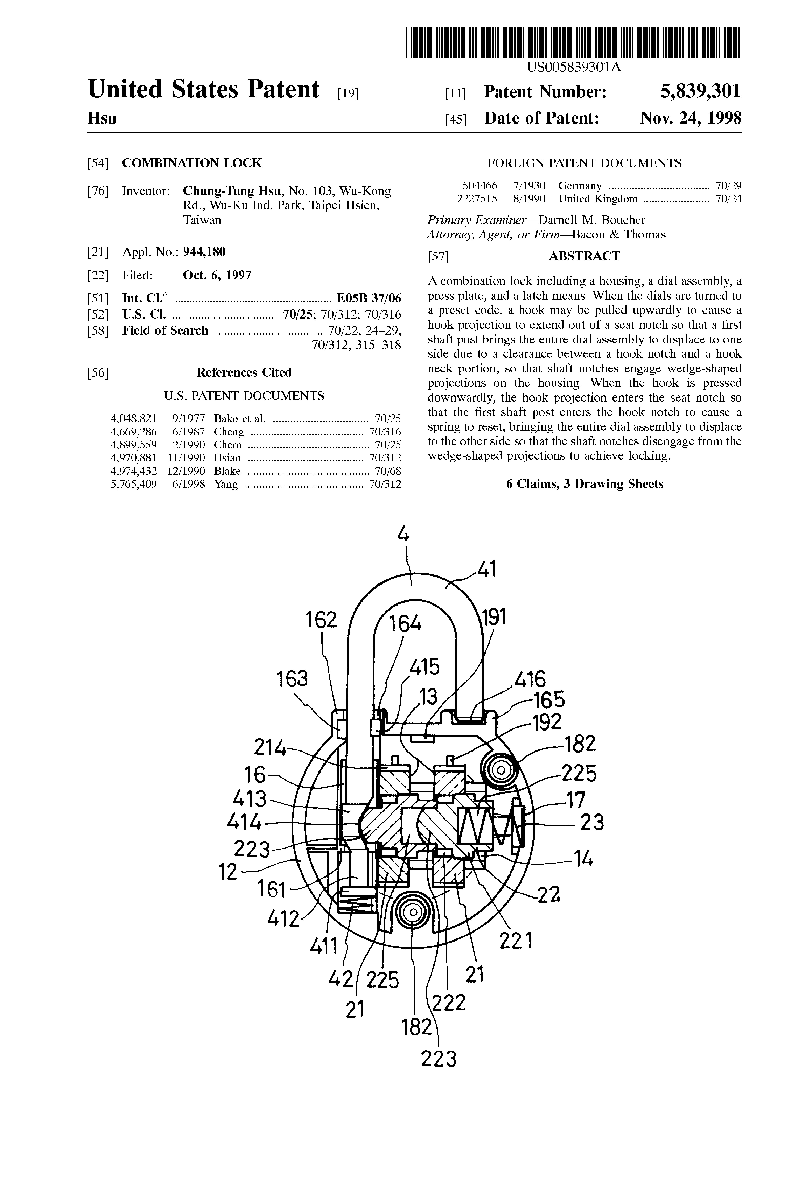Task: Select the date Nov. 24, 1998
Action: click(690, 119)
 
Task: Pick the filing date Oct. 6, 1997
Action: click(217, 275)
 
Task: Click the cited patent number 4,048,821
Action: click(133, 418)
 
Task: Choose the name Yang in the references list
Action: click(226, 484)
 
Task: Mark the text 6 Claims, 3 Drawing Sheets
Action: click(585, 484)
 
